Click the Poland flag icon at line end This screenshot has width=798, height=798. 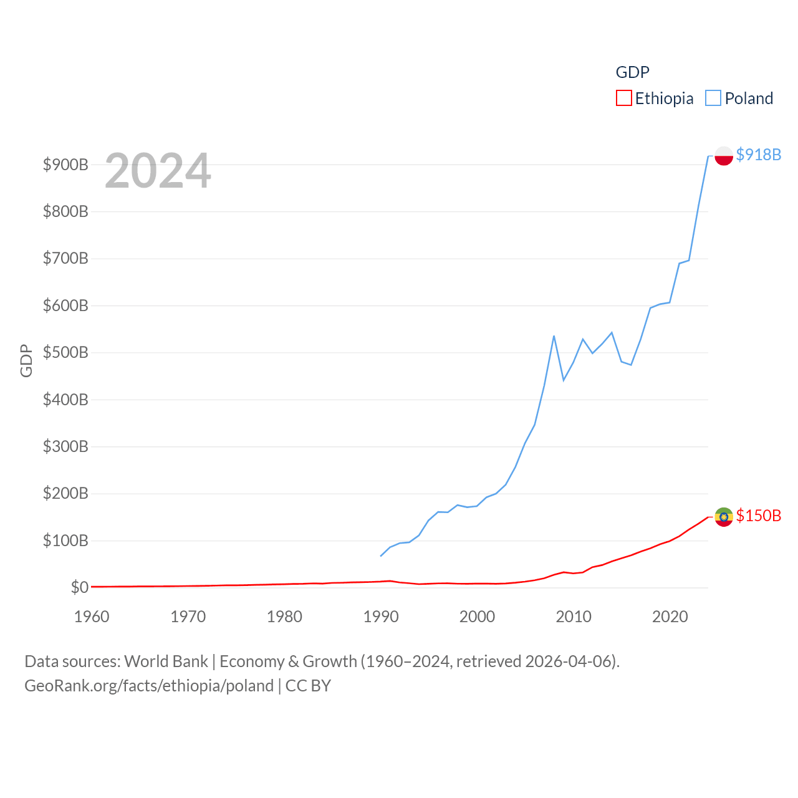click(723, 155)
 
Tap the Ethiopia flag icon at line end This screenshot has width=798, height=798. click(723, 517)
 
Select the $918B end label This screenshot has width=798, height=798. click(758, 155)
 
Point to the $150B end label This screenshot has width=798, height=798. click(758, 516)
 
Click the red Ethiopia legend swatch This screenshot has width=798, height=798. click(623, 99)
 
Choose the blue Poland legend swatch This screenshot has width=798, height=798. click(713, 99)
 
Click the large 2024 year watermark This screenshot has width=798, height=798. click(158, 171)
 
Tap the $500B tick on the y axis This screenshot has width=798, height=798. click(65, 352)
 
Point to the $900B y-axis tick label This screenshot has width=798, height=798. click(65, 165)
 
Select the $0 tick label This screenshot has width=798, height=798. click(79, 587)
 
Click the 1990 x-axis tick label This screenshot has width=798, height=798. click(380, 617)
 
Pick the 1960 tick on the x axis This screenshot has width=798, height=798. click(92, 617)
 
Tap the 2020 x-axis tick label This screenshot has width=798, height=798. click(670, 617)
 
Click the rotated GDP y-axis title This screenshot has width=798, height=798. click(26, 360)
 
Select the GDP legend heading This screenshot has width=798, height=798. click(632, 72)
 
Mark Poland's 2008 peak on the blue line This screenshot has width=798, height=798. click(554, 337)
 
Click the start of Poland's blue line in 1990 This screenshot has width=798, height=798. click(381, 555)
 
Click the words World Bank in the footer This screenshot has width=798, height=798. click(166, 661)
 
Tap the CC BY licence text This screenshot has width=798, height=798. click(308, 686)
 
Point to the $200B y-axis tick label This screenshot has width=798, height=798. click(65, 493)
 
